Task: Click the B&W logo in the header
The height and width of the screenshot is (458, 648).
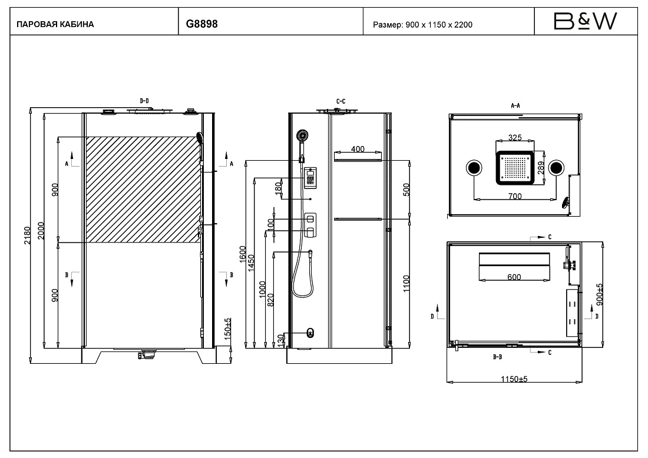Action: (x=585, y=21)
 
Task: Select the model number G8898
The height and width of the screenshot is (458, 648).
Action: (x=201, y=24)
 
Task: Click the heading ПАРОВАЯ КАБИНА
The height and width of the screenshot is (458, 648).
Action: (x=55, y=24)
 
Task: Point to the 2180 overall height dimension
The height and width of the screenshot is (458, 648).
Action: (x=27, y=235)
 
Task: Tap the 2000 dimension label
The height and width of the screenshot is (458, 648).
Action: (x=41, y=231)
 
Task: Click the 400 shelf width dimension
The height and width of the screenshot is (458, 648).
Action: (x=358, y=149)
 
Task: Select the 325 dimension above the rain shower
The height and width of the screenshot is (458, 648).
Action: (x=514, y=138)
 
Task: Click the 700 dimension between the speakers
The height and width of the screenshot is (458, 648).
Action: (x=514, y=196)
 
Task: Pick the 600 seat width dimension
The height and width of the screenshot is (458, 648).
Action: (x=514, y=277)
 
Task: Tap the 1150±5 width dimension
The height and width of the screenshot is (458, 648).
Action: (x=514, y=379)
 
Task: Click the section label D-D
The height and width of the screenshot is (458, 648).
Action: (x=144, y=101)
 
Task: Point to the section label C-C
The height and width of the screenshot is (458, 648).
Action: (x=340, y=101)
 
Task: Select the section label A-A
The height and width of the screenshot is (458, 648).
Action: (x=515, y=106)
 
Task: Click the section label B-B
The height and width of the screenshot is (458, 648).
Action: (x=498, y=357)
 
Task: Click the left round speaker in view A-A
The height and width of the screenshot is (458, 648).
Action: (x=474, y=168)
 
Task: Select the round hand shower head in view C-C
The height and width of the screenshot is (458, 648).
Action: (x=303, y=136)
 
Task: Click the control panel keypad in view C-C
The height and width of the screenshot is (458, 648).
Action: (x=310, y=178)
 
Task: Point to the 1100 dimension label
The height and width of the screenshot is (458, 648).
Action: (x=406, y=284)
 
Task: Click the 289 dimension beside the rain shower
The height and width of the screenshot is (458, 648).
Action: (x=541, y=168)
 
